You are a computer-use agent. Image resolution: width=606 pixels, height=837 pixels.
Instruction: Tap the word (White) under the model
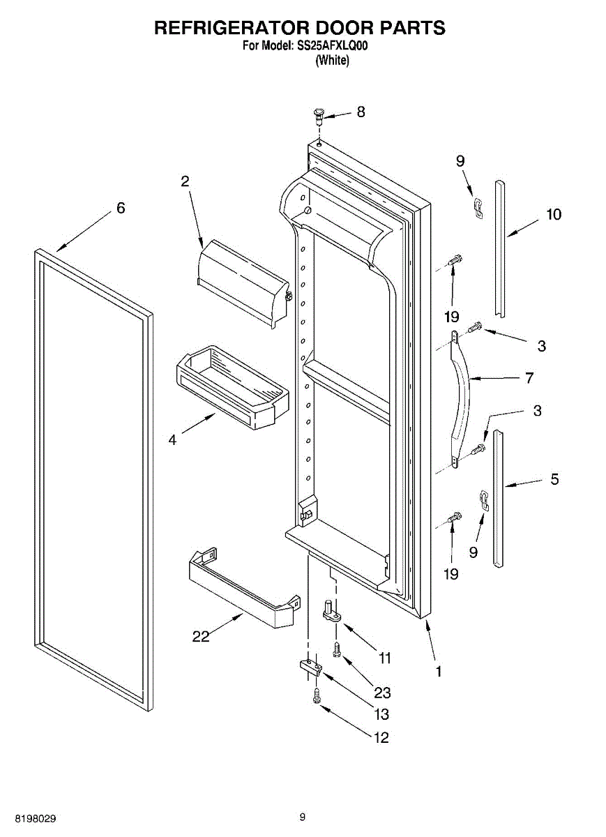pyautogui.click(x=332, y=61)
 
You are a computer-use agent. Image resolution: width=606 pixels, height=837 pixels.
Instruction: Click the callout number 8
pyautogui.click(x=361, y=112)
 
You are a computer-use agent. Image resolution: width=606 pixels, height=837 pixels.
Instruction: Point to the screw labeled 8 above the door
pyautogui.click(x=320, y=114)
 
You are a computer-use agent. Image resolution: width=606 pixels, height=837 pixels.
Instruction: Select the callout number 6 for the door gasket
pyautogui.click(x=121, y=208)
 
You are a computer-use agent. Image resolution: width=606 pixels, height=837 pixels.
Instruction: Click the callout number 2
pyautogui.click(x=185, y=181)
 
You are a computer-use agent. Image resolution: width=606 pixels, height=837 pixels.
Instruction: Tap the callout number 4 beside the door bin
pyautogui.click(x=172, y=439)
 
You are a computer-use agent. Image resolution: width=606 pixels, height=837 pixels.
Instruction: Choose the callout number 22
pyautogui.click(x=201, y=636)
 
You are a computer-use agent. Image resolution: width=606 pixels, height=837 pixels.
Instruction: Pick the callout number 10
pyautogui.click(x=553, y=215)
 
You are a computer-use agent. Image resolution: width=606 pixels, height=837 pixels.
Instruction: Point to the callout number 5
pyautogui.click(x=554, y=479)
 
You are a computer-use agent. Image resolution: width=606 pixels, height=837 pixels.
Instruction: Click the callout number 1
pyautogui.click(x=439, y=671)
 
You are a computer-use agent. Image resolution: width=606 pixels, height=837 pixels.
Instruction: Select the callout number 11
pyautogui.click(x=384, y=658)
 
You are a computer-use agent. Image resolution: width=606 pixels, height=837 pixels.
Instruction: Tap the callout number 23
pyautogui.click(x=382, y=693)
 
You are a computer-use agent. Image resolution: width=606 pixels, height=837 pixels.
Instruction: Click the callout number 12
pyautogui.click(x=381, y=738)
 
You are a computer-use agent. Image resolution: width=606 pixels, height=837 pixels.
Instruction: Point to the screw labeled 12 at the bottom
pyautogui.click(x=318, y=695)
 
